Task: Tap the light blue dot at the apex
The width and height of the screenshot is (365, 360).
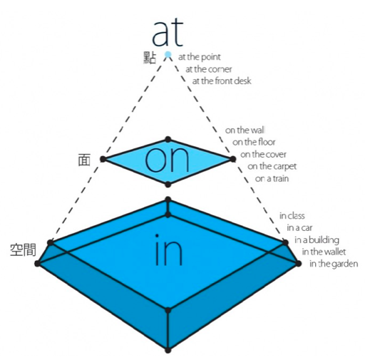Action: pyautogui.click(x=168, y=55)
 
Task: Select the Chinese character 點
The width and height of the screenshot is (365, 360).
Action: pyautogui.click(x=150, y=58)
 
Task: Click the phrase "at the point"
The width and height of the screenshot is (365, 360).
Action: pyautogui.click(x=199, y=57)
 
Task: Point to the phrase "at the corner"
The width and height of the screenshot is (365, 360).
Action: pyautogui.click(x=208, y=69)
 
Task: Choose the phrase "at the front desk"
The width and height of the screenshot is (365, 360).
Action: pyautogui.click(x=222, y=81)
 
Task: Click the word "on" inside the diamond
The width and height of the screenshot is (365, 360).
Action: pyautogui.click(x=167, y=159)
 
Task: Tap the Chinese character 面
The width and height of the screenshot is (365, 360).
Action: pyautogui.click(x=84, y=160)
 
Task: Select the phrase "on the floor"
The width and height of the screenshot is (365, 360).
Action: pyautogui.click(x=254, y=142)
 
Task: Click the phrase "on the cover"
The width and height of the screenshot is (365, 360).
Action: pyautogui.click(x=263, y=154)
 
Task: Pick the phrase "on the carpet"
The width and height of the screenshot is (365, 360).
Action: pyautogui.click(x=272, y=167)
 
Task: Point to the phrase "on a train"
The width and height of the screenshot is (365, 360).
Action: pyautogui.click(x=272, y=178)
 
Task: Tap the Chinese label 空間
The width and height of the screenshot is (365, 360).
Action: pyautogui.click(x=23, y=250)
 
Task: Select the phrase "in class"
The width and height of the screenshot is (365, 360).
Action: pyautogui.click(x=292, y=216)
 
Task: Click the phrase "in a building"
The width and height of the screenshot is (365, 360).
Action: pyautogui.click(x=317, y=240)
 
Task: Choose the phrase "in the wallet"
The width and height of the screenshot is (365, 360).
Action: pyautogui.click(x=324, y=252)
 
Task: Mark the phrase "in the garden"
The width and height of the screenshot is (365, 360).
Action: pyautogui.click(x=334, y=264)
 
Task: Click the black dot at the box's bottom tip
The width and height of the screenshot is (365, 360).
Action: pyautogui.click(x=168, y=350)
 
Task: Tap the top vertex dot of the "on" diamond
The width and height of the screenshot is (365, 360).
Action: pyautogui.click(x=168, y=139)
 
